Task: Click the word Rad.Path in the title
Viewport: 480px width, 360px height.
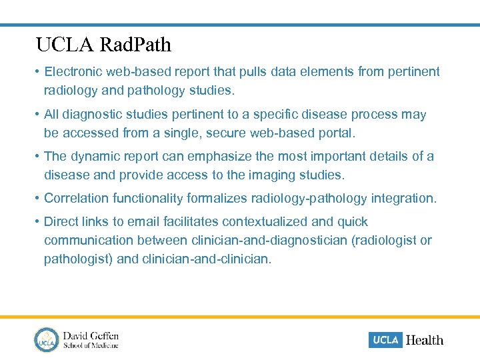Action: click(x=135, y=45)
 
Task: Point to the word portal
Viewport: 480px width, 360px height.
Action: click(x=336, y=133)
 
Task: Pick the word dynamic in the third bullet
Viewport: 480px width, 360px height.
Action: click(x=94, y=157)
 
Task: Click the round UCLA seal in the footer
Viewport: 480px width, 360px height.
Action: click(x=47, y=340)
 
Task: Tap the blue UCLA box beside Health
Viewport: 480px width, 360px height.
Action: click(x=385, y=340)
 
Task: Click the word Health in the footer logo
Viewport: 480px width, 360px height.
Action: click(x=425, y=340)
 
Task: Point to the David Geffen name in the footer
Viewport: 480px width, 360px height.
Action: click(x=91, y=335)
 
